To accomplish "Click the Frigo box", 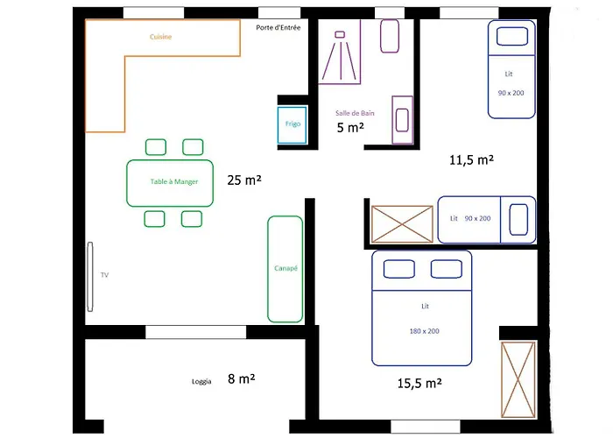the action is pyautogui.click(x=292, y=124).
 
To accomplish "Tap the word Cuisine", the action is pyautogui.click(x=160, y=37).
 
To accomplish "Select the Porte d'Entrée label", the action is pyautogui.click(x=278, y=28).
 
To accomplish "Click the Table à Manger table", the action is pyautogui.click(x=170, y=183).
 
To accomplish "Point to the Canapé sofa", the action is pyautogui.click(x=285, y=269).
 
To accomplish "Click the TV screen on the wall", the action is pyautogui.click(x=90, y=277).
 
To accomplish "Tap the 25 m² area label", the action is pyautogui.click(x=244, y=180).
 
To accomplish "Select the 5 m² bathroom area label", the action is pyautogui.click(x=350, y=128).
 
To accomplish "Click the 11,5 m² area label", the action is pyautogui.click(x=471, y=159).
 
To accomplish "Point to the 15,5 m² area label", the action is pyautogui.click(x=419, y=384).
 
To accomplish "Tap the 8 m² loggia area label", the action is pyautogui.click(x=242, y=378).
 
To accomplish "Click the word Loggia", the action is pyautogui.click(x=201, y=382).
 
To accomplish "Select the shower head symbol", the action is pyautogui.click(x=340, y=34).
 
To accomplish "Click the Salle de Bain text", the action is pyautogui.click(x=355, y=113).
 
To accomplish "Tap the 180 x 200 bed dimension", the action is pyautogui.click(x=425, y=331).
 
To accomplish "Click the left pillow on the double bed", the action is pyautogui.click(x=399, y=269).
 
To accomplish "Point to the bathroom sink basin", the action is pyautogui.click(x=402, y=120).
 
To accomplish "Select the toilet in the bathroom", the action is pyautogui.click(x=390, y=36).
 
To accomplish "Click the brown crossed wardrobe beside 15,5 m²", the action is pyautogui.click(x=518, y=379).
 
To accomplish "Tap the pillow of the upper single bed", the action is pyautogui.click(x=512, y=37).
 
